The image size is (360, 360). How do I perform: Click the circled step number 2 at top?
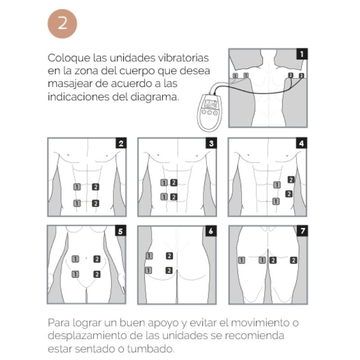(63, 23)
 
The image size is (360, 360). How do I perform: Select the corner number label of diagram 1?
(301, 54)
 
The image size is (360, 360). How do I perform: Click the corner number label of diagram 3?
(211, 144)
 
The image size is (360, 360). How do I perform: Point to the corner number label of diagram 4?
(301, 144)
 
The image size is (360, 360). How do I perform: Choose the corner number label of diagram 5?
(120, 231)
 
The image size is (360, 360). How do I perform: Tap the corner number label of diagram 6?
(211, 231)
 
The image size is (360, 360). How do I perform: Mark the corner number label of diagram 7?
(302, 231)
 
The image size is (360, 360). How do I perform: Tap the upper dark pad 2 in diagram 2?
(95, 186)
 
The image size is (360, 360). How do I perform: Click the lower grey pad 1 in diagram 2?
(77, 203)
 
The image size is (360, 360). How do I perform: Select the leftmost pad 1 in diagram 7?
(242, 260)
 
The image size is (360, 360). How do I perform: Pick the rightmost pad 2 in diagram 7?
(293, 260)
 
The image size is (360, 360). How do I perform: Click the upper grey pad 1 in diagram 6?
(149, 256)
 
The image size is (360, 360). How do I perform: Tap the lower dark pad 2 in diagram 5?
(97, 274)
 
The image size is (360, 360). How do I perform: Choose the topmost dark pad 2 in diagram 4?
(291, 180)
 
